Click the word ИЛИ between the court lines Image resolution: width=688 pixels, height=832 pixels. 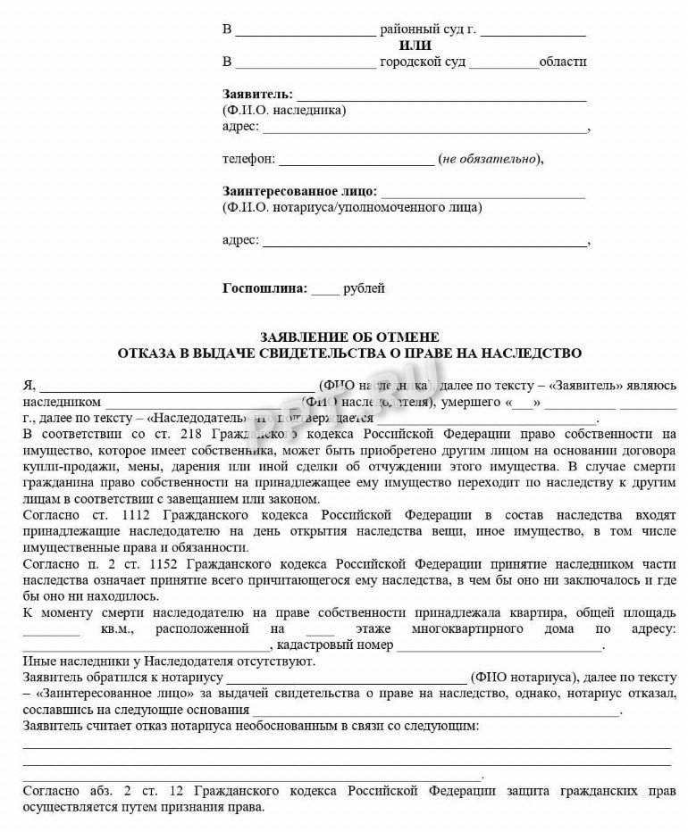412,46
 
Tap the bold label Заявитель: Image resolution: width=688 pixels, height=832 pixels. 257,94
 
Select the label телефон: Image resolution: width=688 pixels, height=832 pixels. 249,159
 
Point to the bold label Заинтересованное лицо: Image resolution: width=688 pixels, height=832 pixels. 299,191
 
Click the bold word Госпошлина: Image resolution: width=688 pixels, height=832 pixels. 264,288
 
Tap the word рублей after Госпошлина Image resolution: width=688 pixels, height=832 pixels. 365,288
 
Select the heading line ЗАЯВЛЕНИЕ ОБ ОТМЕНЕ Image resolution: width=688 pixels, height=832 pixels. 349,337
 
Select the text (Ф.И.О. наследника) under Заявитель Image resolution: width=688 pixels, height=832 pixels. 284,111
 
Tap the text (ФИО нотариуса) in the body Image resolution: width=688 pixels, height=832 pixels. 523,677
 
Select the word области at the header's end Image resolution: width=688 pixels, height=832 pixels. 563,62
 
